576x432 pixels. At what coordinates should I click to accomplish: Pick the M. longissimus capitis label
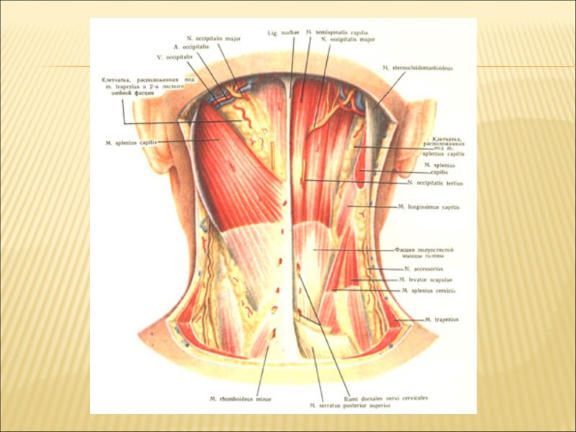pos(428,207)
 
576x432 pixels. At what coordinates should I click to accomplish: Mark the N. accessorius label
pos(420,269)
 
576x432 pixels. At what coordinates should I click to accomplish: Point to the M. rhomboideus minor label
pos(235,398)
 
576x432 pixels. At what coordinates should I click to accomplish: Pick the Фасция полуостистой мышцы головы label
pos(423,253)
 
